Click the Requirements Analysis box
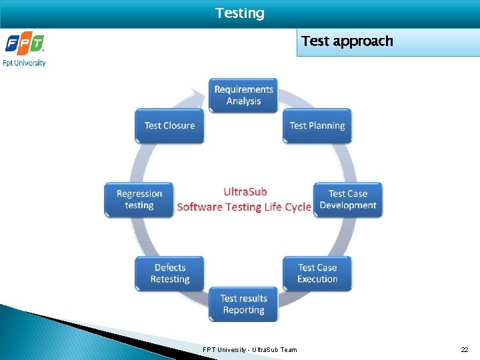243,95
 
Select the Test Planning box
317,126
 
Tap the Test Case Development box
348,199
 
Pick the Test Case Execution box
317,273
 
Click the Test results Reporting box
243,304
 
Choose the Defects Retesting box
170,273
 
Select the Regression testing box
139,199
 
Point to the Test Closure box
170,126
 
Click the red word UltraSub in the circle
245,192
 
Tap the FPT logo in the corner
25,45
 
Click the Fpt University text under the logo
25,63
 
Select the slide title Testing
240,13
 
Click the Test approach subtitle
347,41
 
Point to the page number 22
465,349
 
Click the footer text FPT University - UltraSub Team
250,349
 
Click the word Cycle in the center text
298,207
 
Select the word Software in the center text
200,207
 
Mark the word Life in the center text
273,207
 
